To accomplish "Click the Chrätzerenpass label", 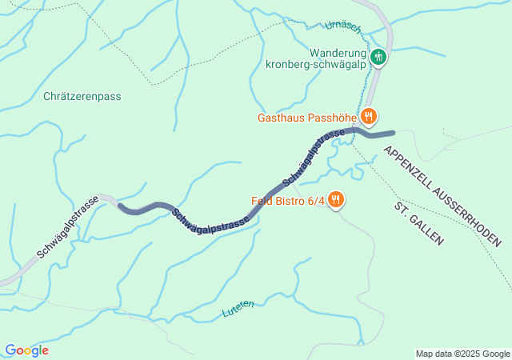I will point(82,96).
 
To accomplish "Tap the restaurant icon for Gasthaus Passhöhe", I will point(368,116).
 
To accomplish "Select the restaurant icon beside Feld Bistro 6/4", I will point(336,199).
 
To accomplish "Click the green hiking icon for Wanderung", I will point(378,57).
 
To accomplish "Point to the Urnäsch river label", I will point(345,28).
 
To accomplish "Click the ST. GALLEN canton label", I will point(418,223).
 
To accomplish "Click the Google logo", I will point(26,350).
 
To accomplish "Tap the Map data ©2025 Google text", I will point(462,354).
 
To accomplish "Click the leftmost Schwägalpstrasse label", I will point(67,226).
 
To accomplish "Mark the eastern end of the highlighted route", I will point(392,133).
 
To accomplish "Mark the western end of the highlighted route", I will point(121,206).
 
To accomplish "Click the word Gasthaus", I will point(282,117).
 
